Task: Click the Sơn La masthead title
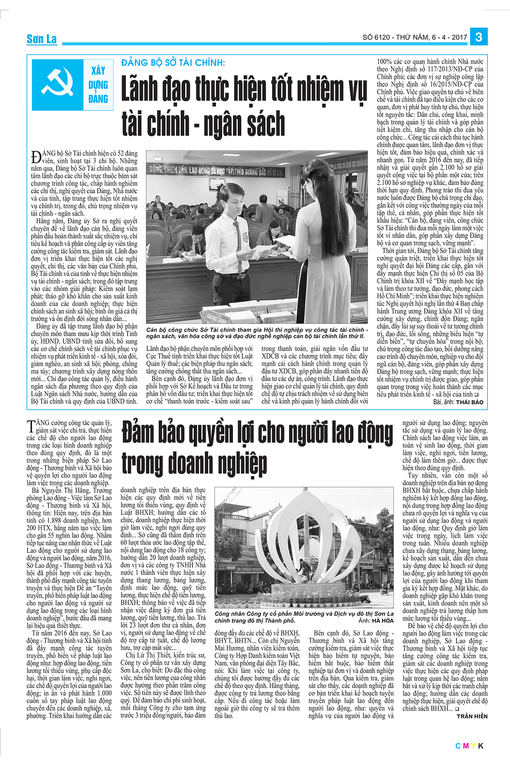41,39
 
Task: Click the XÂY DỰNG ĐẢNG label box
98,85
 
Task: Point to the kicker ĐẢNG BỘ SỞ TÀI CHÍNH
173,62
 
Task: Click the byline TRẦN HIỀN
472,716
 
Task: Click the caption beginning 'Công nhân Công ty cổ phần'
304,617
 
